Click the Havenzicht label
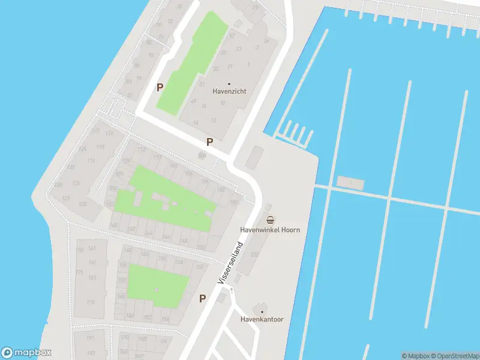(x=229, y=92)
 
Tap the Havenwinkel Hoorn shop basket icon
(x=270, y=220)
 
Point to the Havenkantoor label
(x=262, y=319)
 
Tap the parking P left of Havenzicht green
(x=160, y=87)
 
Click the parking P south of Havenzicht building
(x=209, y=142)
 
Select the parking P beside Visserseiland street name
(x=203, y=298)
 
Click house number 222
(x=254, y=254)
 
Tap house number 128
(x=82, y=204)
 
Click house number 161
(x=92, y=248)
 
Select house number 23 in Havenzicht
(x=239, y=49)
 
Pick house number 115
(x=100, y=147)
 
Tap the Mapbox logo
(x=26, y=353)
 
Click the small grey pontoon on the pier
(x=350, y=182)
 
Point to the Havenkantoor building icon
(x=262, y=310)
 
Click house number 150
(x=201, y=247)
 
